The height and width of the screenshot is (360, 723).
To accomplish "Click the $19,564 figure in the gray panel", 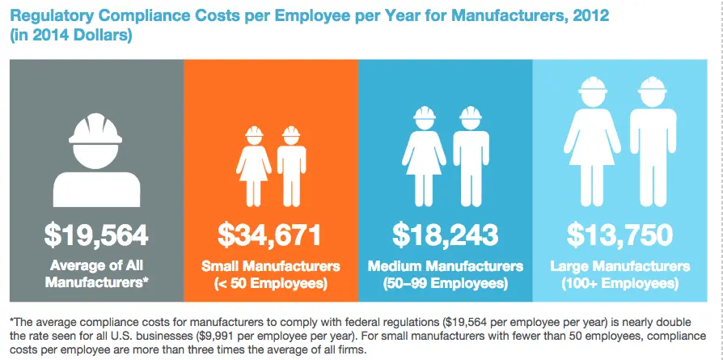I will coord(96,235).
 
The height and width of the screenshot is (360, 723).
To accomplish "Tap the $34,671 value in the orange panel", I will coord(270,235).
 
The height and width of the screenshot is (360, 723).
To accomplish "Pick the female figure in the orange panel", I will coord(254,166).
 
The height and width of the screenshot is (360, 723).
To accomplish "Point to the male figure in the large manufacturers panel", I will coord(653,146).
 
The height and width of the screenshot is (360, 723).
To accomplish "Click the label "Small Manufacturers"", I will coord(270,266).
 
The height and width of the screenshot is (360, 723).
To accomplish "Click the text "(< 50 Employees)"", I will coord(270,283).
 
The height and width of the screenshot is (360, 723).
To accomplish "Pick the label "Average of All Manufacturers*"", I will coord(96,274).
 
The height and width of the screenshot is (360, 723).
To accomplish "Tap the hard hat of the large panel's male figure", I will coord(653,87).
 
